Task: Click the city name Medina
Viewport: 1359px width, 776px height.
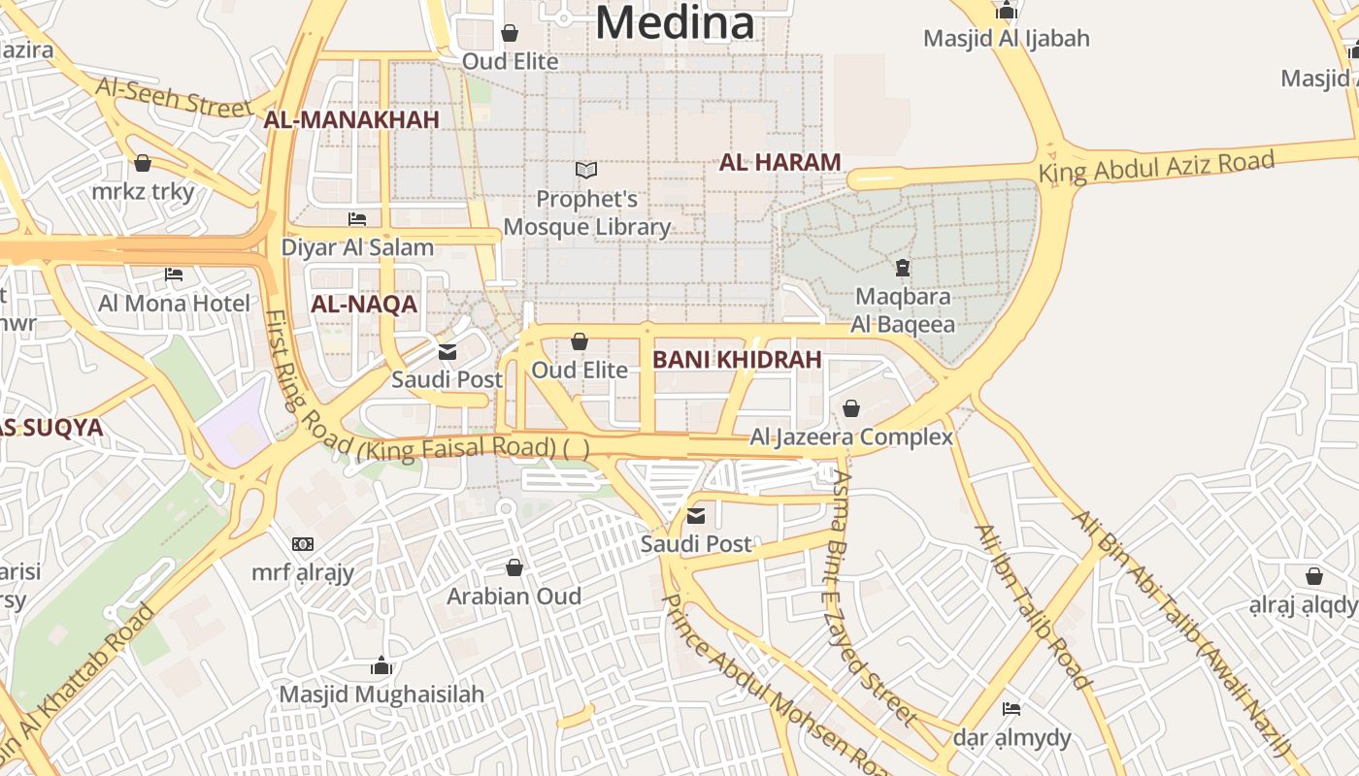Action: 675,23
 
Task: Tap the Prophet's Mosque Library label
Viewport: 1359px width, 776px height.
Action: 587,213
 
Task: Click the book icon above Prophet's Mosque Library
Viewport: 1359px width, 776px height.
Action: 586,171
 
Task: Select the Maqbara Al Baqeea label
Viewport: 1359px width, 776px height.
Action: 902,310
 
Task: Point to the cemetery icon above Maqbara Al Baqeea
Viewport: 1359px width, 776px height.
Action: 902,267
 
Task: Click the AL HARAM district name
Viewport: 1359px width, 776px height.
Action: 779,163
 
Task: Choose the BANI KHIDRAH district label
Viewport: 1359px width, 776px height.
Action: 737,360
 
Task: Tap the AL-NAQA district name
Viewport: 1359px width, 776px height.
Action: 363,305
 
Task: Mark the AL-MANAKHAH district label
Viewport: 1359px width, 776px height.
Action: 351,120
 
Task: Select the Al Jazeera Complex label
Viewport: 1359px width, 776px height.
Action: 851,437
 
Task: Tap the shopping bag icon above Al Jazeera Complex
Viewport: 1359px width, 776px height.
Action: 851,408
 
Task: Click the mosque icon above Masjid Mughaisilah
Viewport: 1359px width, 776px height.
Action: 381,665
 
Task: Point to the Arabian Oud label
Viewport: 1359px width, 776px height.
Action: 514,597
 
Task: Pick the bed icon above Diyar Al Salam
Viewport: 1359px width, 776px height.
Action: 357,219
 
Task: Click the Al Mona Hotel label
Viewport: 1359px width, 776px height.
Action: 174,304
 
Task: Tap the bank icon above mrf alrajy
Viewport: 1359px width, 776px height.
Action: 303,544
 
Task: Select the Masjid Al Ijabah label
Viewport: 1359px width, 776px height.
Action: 1006,39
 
